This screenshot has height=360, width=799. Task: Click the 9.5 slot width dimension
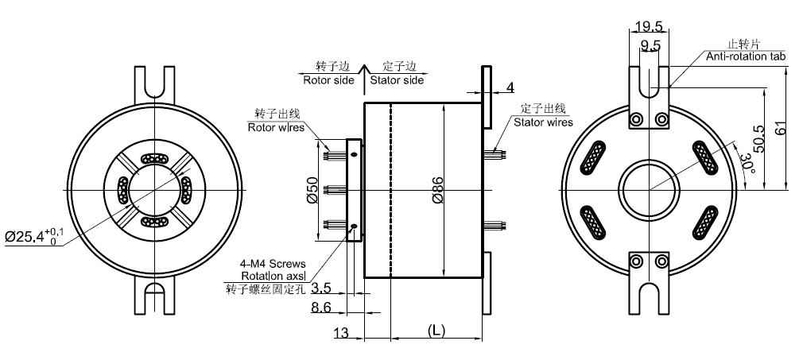coord(650,46)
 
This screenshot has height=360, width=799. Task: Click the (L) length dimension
coord(435,328)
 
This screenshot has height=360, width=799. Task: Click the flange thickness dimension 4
coord(510,87)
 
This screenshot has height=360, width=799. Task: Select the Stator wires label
coord(543,122)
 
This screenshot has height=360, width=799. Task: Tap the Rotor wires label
coord(275,127)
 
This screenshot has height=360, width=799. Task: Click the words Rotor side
coord(328,80)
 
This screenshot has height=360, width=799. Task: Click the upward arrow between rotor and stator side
coord(363,72)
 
